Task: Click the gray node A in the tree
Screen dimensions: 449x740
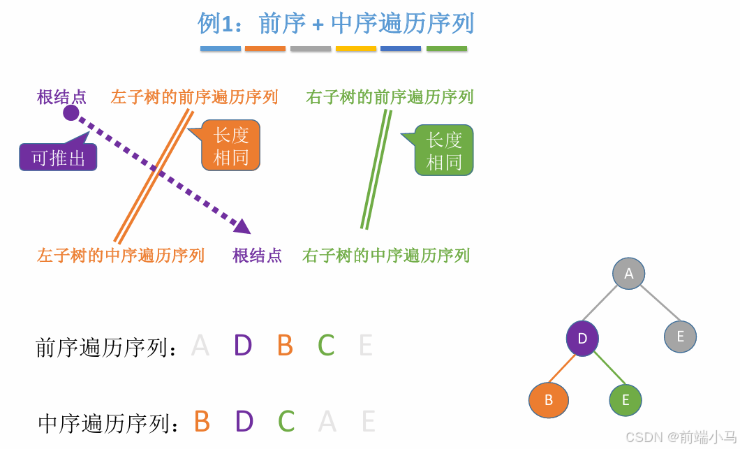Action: [628, 274]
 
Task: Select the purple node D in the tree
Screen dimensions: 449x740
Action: [582, 339]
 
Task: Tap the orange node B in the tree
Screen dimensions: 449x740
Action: [549, 400]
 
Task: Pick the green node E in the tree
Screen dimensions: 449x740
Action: [626, 400]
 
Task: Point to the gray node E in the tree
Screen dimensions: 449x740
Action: [680, 337]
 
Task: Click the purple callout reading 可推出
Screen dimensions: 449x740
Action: [58, 158]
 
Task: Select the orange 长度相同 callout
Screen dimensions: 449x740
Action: [231, 146]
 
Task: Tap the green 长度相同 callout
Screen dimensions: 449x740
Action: [444, 150]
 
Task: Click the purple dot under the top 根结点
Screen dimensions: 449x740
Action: [71, 112]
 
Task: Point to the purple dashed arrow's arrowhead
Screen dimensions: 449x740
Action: [243, 226]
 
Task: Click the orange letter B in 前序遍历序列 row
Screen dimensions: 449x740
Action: [285, 346]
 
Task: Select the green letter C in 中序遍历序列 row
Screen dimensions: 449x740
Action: [286, 422]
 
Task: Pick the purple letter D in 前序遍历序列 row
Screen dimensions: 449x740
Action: [242, 346]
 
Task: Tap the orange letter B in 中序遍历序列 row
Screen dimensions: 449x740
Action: [202, 422]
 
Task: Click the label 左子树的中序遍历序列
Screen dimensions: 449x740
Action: [121, 256]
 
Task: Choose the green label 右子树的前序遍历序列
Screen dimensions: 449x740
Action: [390, 97]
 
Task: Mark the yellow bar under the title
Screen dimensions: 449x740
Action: [356, 49]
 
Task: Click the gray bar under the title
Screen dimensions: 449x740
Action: [311, 49]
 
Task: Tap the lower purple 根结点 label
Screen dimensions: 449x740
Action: [257, 256]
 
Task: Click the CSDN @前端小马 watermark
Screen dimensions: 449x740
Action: [680, 437]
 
